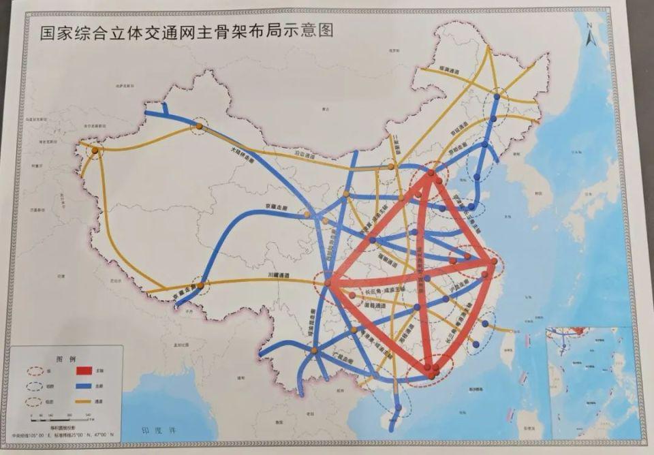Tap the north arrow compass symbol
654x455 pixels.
[x=591, y=34]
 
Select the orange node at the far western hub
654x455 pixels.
[x=95, y=149]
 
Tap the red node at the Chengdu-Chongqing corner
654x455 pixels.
[x=328, y=282]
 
